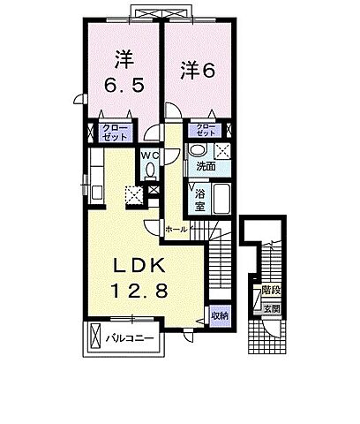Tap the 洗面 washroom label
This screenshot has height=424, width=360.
point(206,165)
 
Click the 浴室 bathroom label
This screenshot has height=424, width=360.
point(199,193)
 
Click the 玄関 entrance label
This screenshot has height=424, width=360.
point(272,309)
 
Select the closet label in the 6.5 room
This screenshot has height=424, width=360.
point(114,132)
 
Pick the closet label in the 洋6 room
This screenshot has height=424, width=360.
point(205,131)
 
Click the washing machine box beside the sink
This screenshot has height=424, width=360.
point(223,149)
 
